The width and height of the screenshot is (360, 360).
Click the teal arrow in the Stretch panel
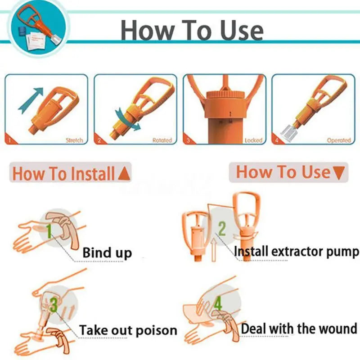pyautogui.click(x=30, y=99)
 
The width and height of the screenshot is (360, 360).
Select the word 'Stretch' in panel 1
pyautogui.click(x=74, y=140)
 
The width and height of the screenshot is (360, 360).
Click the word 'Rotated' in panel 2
pyautogui.click(x=162, y=140)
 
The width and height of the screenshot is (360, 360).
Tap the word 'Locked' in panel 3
pyautogui.click(x=253, y=140)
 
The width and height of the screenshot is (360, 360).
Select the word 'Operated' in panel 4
pyautogui.click(x=338, y=140)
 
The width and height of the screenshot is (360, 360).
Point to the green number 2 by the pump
pyautogui.click(x=221, y=228)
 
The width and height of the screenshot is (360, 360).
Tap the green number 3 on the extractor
pyautogui.click(x=54, y=306)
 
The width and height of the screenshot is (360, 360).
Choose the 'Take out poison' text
pyautogui.click(x=128, y=331)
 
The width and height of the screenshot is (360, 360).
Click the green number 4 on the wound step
pyautogui.click(x=218, y=304)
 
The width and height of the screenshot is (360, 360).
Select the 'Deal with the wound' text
pyautogui.click(x=300, y=328)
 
